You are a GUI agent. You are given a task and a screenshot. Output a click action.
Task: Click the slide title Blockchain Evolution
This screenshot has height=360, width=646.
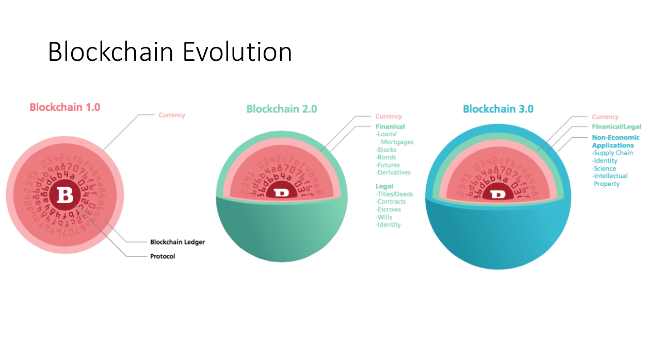(170, 52)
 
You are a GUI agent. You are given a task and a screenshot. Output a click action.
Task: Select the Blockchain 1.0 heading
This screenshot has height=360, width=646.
(64, 107)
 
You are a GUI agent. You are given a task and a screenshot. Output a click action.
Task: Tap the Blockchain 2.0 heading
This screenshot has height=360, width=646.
(281, 109)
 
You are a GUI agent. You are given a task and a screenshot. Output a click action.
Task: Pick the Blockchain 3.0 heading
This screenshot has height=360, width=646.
(498, 109)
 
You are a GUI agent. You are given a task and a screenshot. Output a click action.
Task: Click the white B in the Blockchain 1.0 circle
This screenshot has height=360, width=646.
(66, 195)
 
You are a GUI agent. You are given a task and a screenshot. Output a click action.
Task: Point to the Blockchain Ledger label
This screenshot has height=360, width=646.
(177, 242)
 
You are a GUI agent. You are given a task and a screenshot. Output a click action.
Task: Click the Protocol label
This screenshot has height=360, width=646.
(163, 256)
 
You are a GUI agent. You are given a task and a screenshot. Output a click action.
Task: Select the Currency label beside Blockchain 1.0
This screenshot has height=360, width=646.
(171, 115)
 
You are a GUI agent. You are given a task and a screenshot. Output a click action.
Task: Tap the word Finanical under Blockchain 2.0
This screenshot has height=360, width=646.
(390, 126)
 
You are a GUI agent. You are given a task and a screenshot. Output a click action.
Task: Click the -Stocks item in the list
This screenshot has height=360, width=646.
(386, 150)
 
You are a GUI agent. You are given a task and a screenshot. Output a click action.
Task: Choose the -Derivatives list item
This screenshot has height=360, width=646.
(393, 172)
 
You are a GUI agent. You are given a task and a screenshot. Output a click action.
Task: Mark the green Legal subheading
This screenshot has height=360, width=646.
(384, 186)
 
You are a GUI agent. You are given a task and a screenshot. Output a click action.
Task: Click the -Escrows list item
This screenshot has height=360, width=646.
(388, 209)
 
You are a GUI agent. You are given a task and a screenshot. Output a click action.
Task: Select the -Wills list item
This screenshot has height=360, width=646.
(384, 217)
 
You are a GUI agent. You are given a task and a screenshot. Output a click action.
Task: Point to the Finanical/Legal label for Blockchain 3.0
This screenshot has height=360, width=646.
(616, 127)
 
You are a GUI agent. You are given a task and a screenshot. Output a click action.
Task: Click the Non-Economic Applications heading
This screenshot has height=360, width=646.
(615, 141)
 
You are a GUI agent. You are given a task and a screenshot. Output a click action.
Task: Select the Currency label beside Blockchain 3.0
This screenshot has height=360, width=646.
(605, 117)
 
